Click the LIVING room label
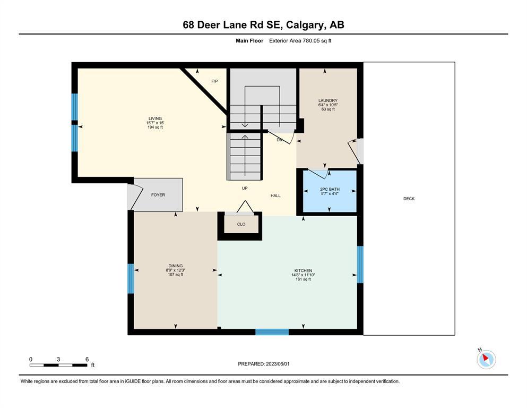click(155, 118)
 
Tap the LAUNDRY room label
click(328, 100)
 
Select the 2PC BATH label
click(330, 189)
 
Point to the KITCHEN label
click(303, 270)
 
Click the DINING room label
click(176, 266)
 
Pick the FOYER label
click(158, 195)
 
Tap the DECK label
click(409, 199)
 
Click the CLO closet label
click(241, 224)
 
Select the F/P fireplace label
click(214, 81)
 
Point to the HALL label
click(275, 195)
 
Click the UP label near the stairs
click(245, 188)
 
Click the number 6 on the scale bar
click(87, 359)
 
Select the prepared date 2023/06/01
click(278, 364)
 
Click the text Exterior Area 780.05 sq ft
click(300, 41)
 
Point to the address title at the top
click(263, 24)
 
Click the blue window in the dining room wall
click(131, 278)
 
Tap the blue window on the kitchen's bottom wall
click(272, 332)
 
